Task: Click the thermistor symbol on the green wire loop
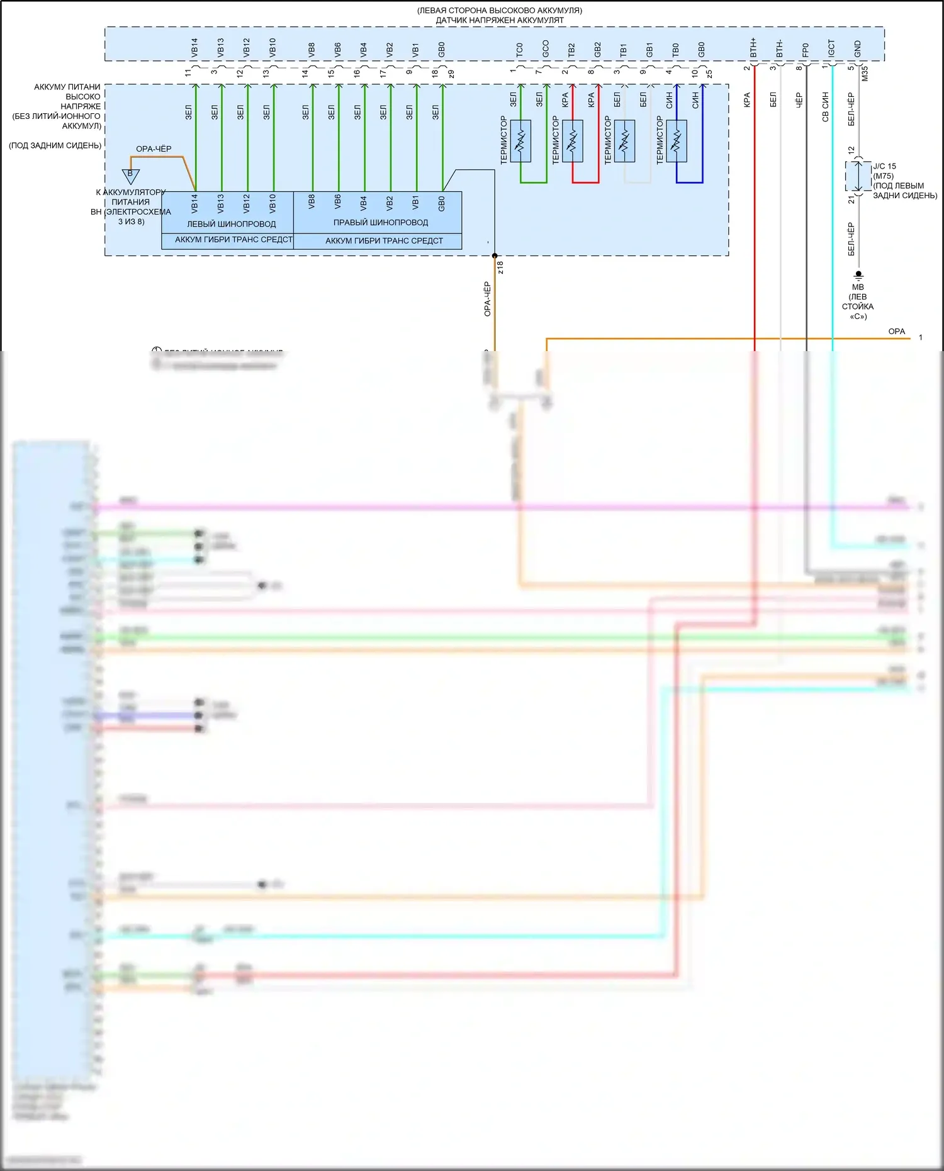point(520,141)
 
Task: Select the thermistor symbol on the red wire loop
point(572,141)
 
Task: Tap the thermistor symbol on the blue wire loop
point(677,141)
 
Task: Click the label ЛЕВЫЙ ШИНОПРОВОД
point(231,224)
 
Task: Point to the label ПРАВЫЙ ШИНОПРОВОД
point(380,223)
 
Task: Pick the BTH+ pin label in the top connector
point(754,48)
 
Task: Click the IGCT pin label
point(832,48)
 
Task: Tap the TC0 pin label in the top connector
point(520,50)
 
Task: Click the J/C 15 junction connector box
point(858,176)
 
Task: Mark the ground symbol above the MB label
point(858,275)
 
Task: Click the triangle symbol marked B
point(130,175)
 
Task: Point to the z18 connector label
point(501,267)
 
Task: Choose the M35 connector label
point(865,74)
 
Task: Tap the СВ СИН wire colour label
point(826,107)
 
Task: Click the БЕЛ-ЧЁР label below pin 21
point(851,239)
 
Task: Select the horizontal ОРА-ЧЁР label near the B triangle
point(154,149)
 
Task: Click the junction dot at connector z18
point(495,256)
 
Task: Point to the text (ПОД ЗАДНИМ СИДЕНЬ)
point(55,145)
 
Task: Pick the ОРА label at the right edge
point(896,332)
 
